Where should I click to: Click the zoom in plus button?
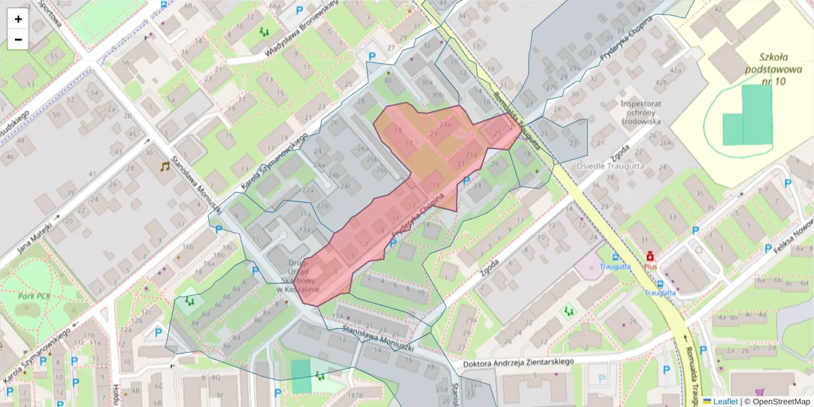18,19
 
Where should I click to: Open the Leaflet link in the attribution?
725,402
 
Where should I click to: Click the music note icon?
165,166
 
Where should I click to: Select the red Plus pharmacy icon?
650,256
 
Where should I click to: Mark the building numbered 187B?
355,395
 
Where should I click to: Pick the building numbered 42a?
675,70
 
